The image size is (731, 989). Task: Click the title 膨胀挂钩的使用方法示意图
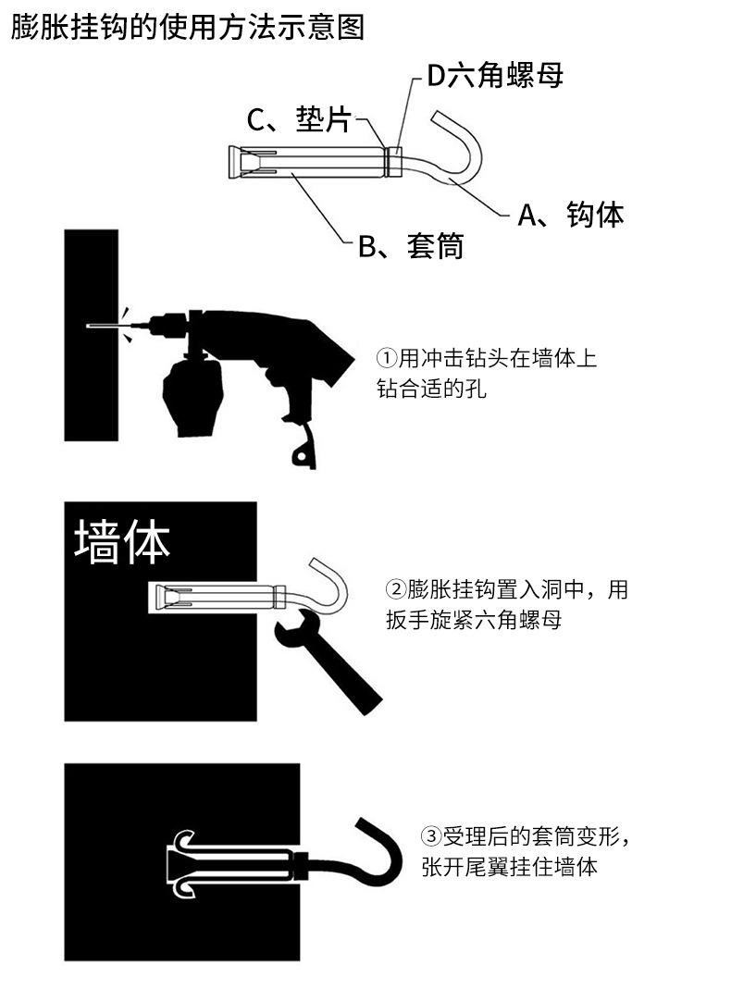[188, 27]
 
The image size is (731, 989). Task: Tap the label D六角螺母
[494, 75]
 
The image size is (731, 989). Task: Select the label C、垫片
[299, 119]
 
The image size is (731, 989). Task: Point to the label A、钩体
[570, 215]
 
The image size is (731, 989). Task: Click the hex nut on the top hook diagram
[394, 162]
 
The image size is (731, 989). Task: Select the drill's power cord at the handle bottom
[302, 453]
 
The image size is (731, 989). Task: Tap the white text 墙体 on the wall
[122, 541]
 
